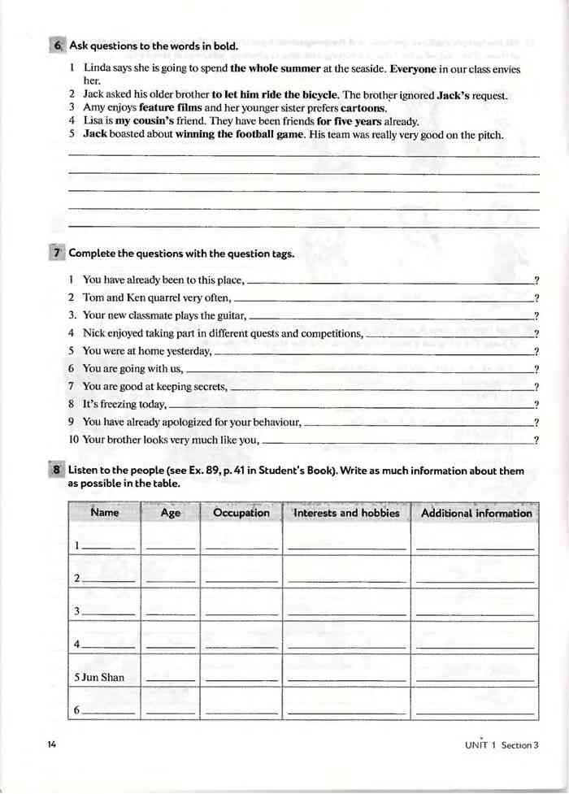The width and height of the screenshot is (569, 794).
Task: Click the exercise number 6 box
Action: tap(58, 46)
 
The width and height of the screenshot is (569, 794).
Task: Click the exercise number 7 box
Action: tap(58, 254)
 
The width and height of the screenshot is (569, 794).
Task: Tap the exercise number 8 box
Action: tap(58, 471)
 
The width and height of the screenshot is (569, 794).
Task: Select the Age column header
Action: tap(171, 514)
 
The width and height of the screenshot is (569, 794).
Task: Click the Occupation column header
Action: tap(241, 514)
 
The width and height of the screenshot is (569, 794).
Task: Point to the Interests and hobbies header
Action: tap(346, 514)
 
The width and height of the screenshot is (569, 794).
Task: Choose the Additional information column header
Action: tap(476, 514)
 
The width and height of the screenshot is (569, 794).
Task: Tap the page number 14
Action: tap(53, 744)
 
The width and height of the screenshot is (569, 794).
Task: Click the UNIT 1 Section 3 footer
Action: tap(502, 744)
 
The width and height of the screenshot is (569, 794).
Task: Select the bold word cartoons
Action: tap(363, 108)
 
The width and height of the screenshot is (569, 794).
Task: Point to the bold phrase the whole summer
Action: tap(276, 70)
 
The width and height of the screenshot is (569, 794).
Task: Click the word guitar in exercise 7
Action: tap(228, 316)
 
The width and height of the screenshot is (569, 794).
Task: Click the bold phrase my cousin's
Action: tap(146, 121)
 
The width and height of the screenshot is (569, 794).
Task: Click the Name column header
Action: tap(105, 514)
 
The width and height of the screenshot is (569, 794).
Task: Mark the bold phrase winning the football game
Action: tap(239, 134)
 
